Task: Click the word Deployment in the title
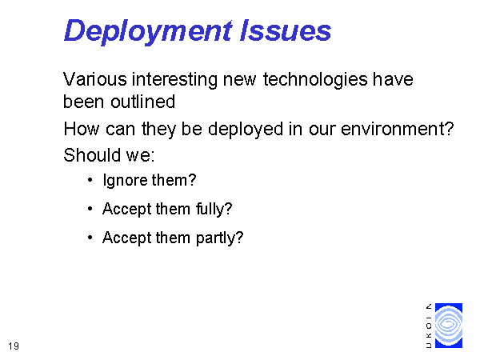(x=148, y=31)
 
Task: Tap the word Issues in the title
(x=286, y=30)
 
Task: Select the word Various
(x=95, y=79)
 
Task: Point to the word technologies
(x=315, y=80)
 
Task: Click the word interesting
(x=174, y=80)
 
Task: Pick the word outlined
(x=143, y=102)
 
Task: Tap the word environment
(x=394, y=129)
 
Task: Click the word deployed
(x=246, y=130)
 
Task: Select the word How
(x=82, y=129)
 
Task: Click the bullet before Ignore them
(x=90, y=180)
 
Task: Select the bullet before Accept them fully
(x=90, y=209)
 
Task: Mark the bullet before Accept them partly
(x=90, y=238)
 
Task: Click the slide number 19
(x=14, y=346)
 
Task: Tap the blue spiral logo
(x=449, y=326)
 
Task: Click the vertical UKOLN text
(x=429, y=326)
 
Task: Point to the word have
(x=393, y=79)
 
